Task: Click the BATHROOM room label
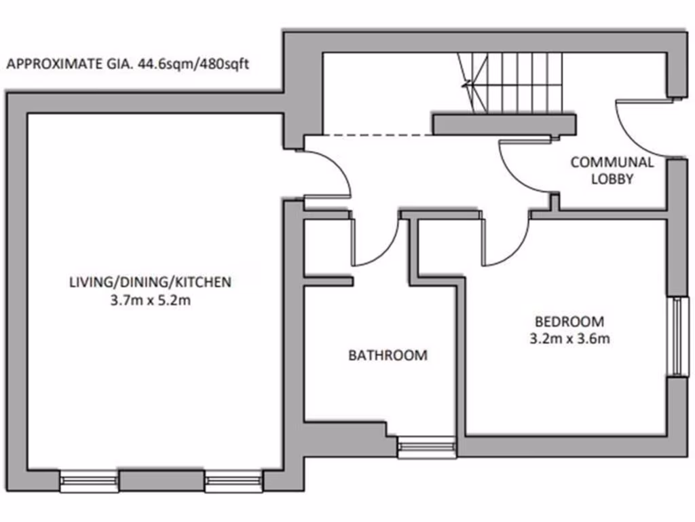coord(388,355)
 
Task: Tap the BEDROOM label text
coord(569,321)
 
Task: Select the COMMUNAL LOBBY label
coord(612,171)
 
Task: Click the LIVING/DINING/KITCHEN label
coord(150,281)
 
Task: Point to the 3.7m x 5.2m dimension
coord(150,300)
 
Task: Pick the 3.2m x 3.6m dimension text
coord(569,338)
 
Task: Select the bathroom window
coord(426,447)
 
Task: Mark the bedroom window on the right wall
coord(675,336)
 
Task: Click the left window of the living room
coord(90,482)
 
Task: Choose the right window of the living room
coord(233,482)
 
